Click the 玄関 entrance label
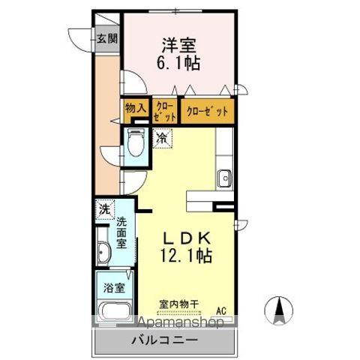coord(104,39)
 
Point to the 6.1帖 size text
coord(178,65)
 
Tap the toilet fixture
coord(135,142)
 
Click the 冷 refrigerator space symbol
coord(161,137)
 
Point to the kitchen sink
coord(224,178)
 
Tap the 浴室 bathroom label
coord(113,286)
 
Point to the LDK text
coord(187,238)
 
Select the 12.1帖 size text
coord(187,256)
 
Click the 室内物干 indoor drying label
coord(178,304)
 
